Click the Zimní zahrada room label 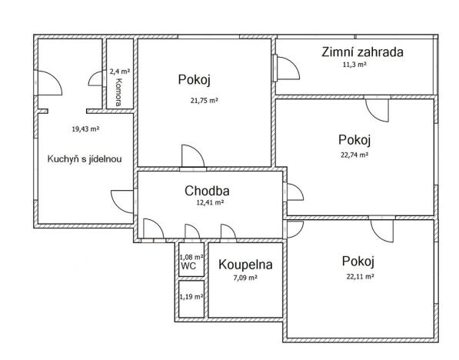coord(362,52)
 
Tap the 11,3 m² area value coord(354,65)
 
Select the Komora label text coord(119,92)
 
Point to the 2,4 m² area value coord(118,72)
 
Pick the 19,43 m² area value coord(85,129)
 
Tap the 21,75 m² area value coord(205,101)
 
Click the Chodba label coord(207,190)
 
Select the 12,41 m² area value coord(208,203)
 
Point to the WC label coord(188,267)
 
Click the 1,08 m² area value coord(191,257)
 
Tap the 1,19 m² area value coord(191,296)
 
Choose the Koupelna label coord(245,265)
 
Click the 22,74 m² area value coord(354,154)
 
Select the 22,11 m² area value coord(359,276)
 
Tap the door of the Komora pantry coord(97,78)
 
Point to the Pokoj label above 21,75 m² coord(194,80)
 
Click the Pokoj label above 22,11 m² coord(355,260)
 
